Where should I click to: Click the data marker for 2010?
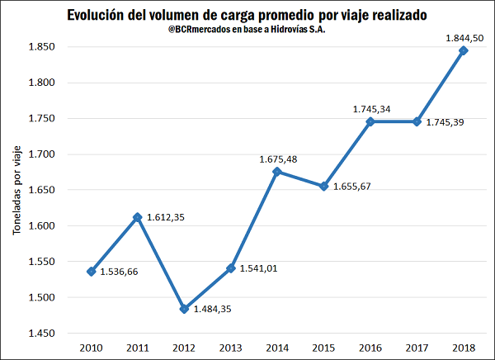click(91, 272)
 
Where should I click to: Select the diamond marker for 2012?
click(184, 309)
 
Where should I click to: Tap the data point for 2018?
click(464, 50)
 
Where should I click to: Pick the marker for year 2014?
click(277, 172)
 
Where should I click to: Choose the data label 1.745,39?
click(447, 123)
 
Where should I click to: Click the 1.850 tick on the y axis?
click(41, 47)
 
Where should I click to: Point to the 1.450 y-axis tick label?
click(41, 334)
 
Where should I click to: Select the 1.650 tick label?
click(41, 190)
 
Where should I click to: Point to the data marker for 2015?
click(324, 186)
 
